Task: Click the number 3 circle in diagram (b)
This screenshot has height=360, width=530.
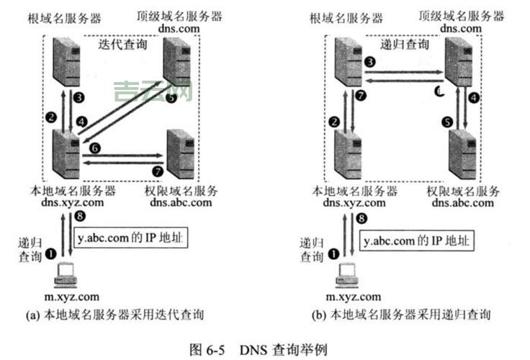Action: (x=369, y=63)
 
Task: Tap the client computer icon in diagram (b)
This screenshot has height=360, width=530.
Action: (x=346, y=275)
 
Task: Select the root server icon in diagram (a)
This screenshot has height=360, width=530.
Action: (x=64, y=61)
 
